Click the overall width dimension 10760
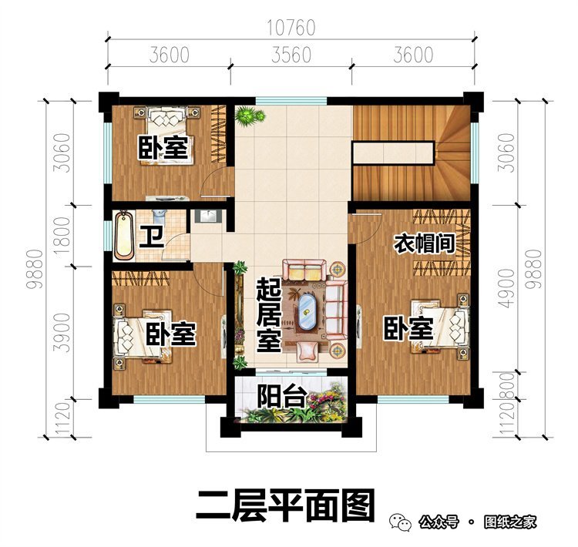[x=291, y=29]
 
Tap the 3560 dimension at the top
[x=291, y=55]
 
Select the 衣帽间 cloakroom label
[x=423, y=244]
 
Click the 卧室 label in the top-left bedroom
[x=163, y=149]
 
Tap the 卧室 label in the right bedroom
[x=408, y=330]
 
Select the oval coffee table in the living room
[x=308, y=310]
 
